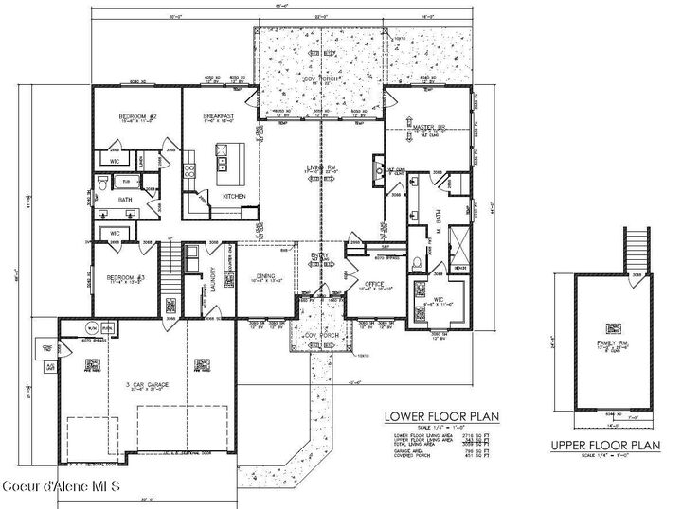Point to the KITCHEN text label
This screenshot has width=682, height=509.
(x=234, y=196)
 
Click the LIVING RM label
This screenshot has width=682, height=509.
(x=321, y=167)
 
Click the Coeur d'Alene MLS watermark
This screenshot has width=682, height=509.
(x=61, y=486)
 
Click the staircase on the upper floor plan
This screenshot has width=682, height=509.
(x=636, y=249)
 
